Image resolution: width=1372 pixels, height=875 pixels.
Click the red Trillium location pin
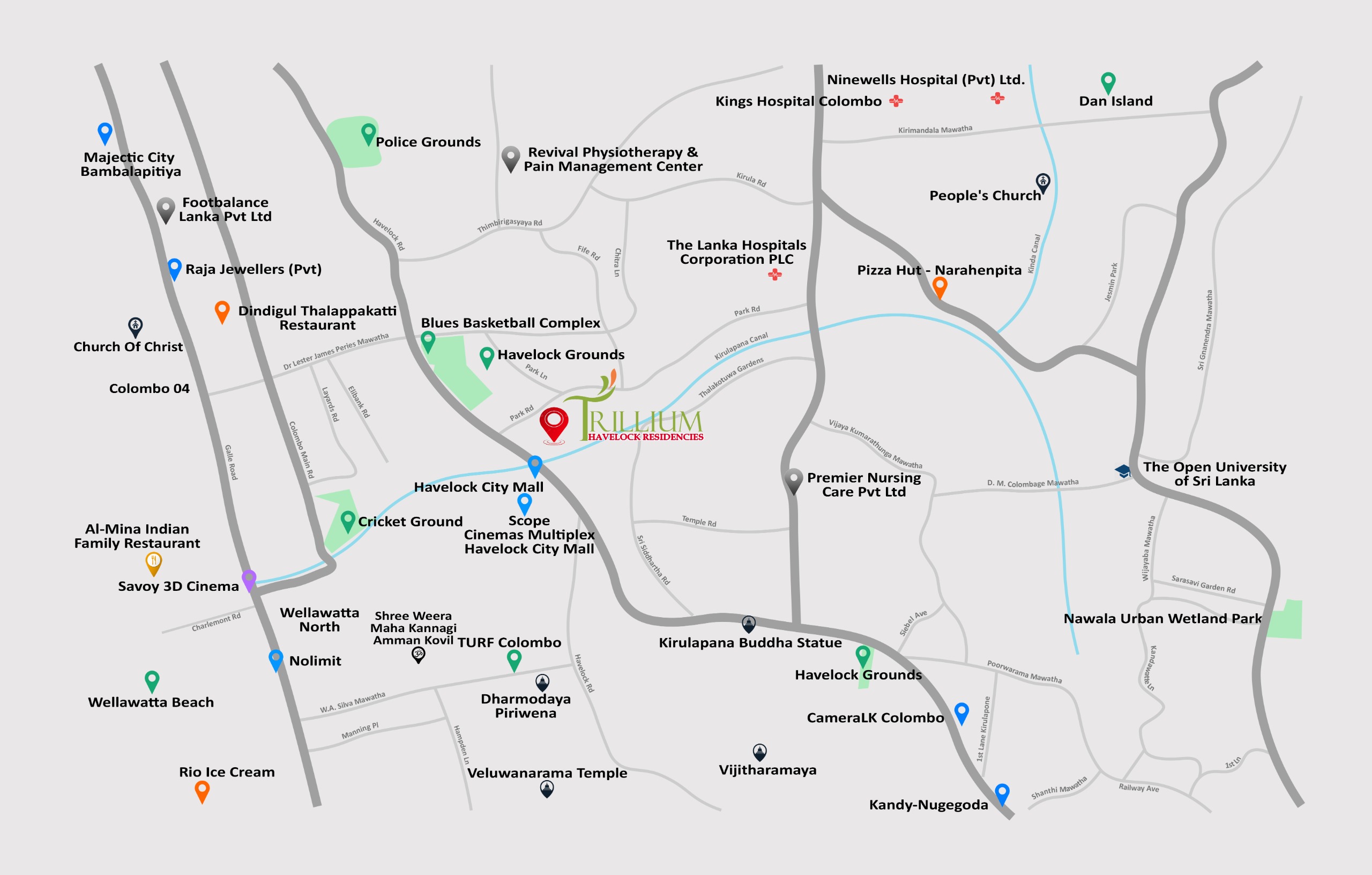point(553,422)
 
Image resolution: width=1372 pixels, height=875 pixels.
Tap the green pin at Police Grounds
point(369,134)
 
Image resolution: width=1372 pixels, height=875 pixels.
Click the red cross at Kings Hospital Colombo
point(896,101)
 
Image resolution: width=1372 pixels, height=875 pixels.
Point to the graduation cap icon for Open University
point(1122,471)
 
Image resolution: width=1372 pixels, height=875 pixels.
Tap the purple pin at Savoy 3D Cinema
point(249,579)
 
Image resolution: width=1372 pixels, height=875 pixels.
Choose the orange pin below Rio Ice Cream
point(202,790)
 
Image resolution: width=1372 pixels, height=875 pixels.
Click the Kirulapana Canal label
point(741,346)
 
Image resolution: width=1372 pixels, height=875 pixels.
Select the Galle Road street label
point(231,462)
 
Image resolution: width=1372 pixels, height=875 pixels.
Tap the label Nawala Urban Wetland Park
point(1162,619)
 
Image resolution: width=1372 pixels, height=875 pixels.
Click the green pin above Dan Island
point(1108,81)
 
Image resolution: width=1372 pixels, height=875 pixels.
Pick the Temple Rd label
point(698,521)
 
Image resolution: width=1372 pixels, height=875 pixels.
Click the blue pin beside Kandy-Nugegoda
point(1002,793)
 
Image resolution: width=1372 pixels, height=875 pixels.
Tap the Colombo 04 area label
point(150,389)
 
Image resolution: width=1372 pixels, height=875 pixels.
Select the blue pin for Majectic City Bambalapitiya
point(105,132)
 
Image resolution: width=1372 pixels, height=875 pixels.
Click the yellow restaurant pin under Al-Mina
point(153,562)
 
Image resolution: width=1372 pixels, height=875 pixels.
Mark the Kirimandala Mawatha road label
point(935,129)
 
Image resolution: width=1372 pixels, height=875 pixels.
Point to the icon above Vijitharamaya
point(759,751)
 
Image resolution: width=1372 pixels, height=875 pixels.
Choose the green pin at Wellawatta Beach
point(152,680)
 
